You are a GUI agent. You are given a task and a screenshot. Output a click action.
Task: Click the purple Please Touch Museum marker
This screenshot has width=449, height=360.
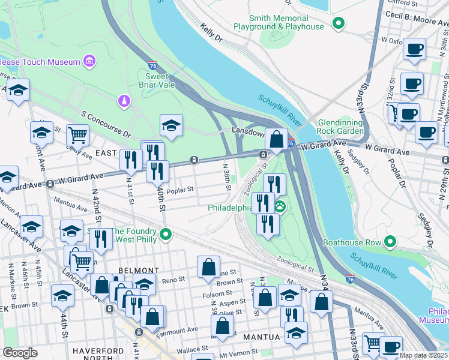coord(89,61)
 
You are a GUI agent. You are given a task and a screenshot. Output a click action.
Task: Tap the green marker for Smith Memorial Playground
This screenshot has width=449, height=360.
coord(339,25)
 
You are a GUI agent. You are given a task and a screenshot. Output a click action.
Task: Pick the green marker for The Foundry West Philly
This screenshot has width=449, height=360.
coord(166,235)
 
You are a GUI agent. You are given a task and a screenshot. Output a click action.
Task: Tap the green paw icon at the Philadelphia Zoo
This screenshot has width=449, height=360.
coord(280,207)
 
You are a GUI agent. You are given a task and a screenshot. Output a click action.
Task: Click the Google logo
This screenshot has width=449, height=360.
coord(20,353)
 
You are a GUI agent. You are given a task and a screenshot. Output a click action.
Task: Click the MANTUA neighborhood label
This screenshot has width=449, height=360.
coord(262,337)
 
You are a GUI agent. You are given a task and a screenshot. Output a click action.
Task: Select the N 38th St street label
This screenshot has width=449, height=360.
coord(227,178)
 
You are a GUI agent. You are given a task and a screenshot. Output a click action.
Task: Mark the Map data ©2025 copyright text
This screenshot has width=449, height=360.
coord(423,355)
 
